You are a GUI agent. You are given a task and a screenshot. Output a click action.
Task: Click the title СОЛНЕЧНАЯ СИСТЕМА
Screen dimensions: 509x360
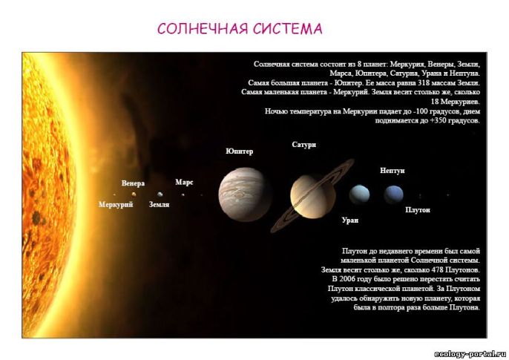(x=240, y=29)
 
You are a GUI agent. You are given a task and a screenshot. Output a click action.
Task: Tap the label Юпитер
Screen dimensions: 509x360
(x=240, y=151)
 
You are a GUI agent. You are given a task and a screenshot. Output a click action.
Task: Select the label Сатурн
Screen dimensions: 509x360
(x=304, y=145)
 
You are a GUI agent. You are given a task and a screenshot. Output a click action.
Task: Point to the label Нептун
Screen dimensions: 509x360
(x=392, y=171)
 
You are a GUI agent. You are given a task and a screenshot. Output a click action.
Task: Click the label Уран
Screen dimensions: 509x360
(x=350, y=220)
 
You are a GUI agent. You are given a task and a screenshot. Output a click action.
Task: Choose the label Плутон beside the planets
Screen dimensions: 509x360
(x=418, y=210)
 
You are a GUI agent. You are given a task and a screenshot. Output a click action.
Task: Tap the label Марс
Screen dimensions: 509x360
(x=184, y=182)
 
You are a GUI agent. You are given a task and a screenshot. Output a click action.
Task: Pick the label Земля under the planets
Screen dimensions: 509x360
(x=159, y=205)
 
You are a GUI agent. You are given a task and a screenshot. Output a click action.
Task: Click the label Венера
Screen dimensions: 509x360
(x=133, y=183)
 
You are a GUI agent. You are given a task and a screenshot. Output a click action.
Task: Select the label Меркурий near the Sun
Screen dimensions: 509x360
(x=116, y=205)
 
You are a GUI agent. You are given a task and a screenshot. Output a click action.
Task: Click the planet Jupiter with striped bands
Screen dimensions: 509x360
(x=244, y=194)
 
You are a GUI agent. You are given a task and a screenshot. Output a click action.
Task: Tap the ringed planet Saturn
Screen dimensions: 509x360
(x=312, y=196)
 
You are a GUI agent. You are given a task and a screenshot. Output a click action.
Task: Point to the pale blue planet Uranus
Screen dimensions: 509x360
(x=359, y=194)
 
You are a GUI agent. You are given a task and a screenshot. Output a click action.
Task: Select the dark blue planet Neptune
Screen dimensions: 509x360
(x=393, y=194)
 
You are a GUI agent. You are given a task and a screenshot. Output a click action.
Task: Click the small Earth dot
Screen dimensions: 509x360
(x=160, y=194)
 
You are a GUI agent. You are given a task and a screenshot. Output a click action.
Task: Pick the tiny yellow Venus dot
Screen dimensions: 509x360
(x=134, y=194)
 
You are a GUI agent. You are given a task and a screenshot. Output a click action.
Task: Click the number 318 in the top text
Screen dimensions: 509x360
(x=424, y=83)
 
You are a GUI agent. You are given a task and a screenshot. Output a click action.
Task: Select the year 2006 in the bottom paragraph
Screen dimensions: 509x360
(x=347, y=279)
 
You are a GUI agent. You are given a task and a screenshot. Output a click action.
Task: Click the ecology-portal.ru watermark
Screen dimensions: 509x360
(x=470, y=354)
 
